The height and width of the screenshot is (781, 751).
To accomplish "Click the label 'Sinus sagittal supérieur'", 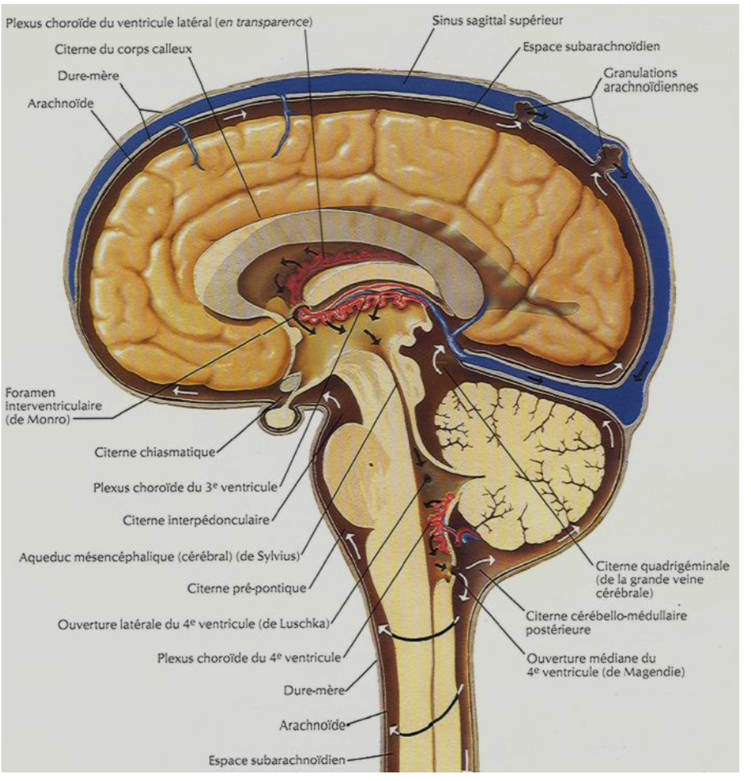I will pos(498,20).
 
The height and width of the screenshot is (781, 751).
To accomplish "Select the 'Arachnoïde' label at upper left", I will pos(60,104).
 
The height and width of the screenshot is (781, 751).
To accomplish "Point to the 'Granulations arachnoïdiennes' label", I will pos(649,80).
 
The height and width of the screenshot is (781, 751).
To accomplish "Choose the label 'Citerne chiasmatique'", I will pos(154,453).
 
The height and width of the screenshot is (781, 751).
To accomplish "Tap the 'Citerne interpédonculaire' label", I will pos(196,520).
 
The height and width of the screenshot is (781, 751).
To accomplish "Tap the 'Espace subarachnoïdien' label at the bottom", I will pos(277,761).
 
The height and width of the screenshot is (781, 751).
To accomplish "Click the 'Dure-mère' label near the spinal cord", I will pos(313,691).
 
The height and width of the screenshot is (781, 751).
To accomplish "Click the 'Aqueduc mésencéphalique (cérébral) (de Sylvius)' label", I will pos(159,556).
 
